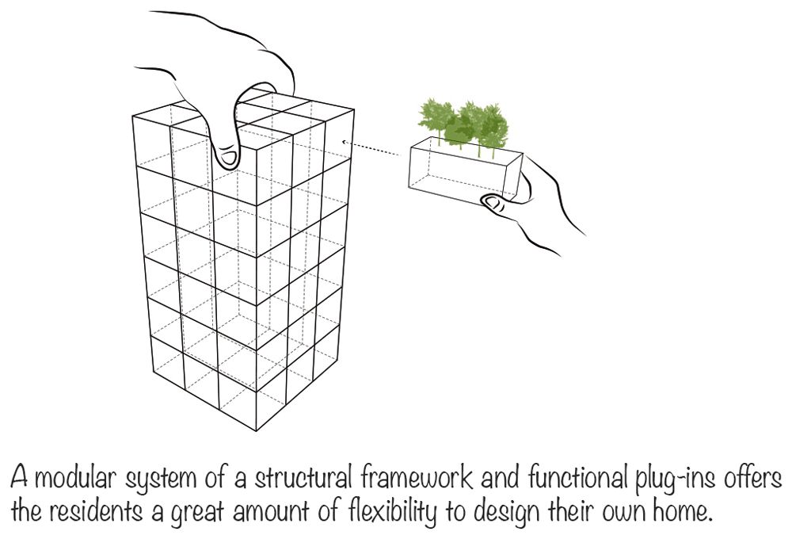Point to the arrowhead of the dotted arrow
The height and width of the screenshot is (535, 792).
tap(344, 142)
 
